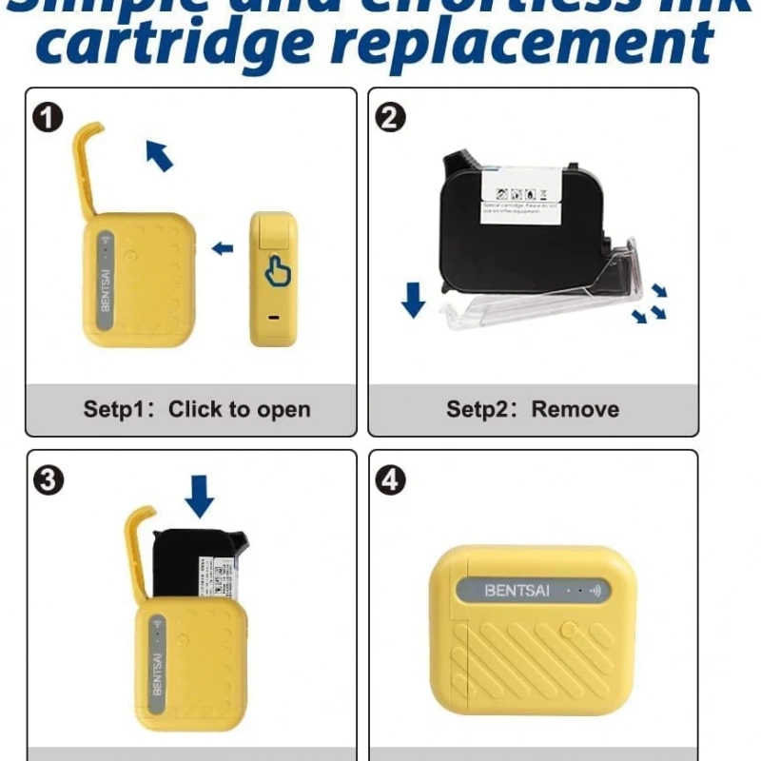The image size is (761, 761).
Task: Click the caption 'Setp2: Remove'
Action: pyautogui.click(x=533, y=410)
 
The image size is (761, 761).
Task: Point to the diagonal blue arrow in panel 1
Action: pyautogui.click(x=160, y=155)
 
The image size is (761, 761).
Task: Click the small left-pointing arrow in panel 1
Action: pyautogui.click(x=223, y=249)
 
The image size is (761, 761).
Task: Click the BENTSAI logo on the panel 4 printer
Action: pyautogui.click(x=517, y=590)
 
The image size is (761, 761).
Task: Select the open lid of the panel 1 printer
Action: pyautogui.click(x=89, y=171)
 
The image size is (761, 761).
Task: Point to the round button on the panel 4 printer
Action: pyautogui.click(x=569, y=629)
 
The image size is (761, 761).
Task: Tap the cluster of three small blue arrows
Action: pyautogui.click(x=651, y=303)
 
